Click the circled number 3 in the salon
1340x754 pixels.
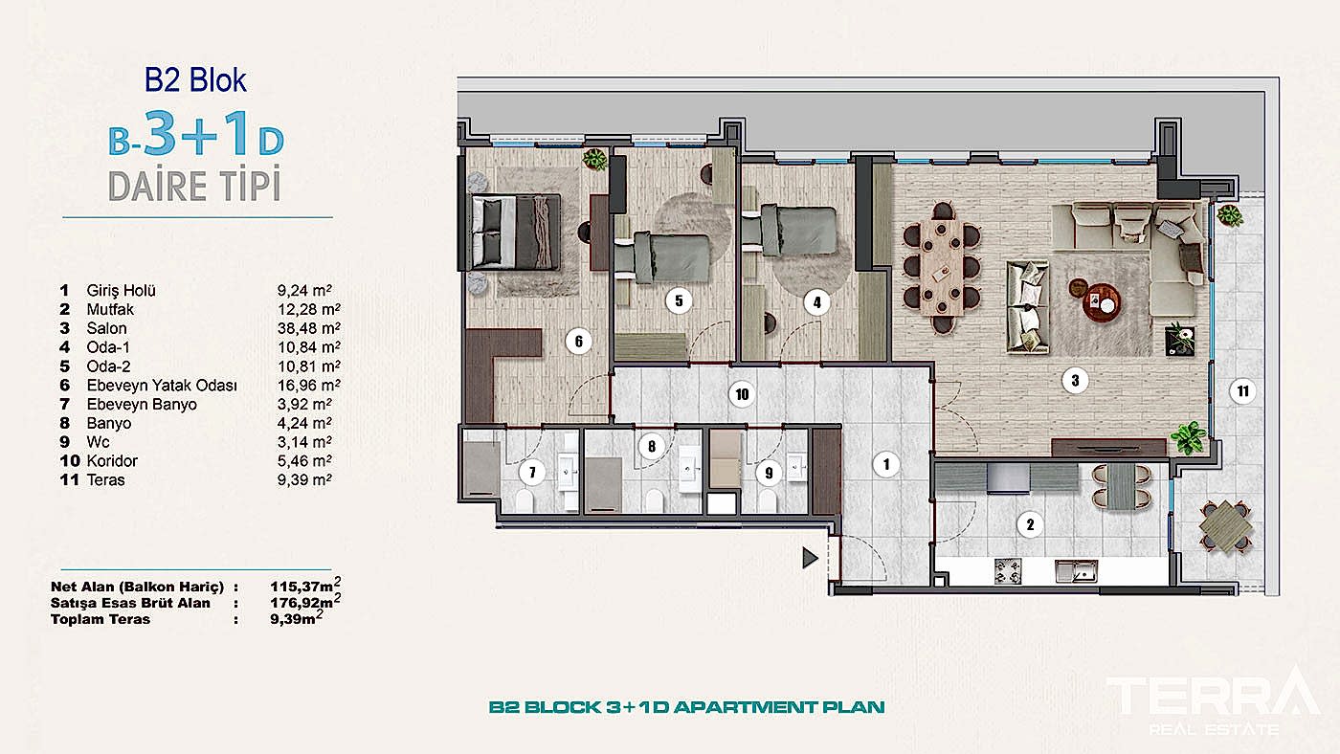(1075, 380)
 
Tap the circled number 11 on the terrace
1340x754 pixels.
(1243, 391)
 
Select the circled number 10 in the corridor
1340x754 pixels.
(742, 394)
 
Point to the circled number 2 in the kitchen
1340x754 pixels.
(1030, 524)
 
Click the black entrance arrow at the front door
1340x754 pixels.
(810, 558)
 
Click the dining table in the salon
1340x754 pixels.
(942, 267)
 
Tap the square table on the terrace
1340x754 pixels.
(1226, 527)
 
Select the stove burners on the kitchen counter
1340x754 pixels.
(1008, 571)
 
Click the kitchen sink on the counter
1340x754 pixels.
(1076, 571)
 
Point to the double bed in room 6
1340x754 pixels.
(515, 232)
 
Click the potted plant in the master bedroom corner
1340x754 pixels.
(594, 160)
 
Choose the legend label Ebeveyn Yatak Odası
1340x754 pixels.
(162, 385)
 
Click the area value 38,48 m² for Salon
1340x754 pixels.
(308, 328)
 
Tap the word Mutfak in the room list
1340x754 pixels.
(110, 309)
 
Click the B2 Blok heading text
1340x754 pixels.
(195, 80)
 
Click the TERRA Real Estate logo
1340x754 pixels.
(1214, 700)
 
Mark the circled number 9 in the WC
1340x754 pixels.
(769, 473)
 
